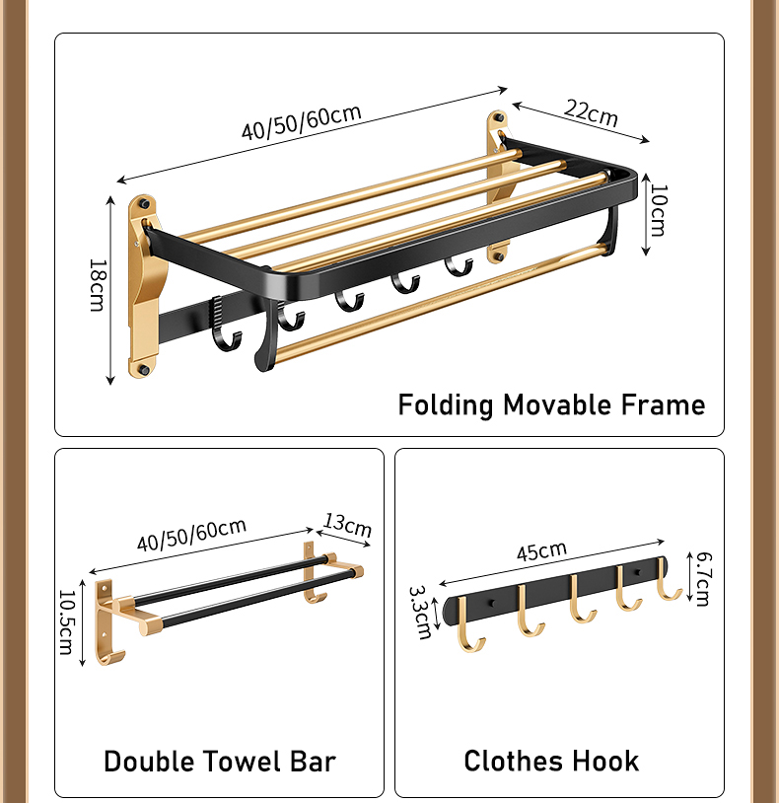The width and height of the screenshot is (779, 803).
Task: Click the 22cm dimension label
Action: (x=592, y=112)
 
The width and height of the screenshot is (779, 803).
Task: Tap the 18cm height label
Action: (x=98, y=285)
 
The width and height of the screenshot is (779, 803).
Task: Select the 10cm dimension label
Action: (x=658, y=210)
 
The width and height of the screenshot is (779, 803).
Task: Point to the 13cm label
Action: (x=347, y=525)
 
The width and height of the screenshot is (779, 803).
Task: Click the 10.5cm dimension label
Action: (x=67, y=622)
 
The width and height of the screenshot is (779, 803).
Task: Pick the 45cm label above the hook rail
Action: (x=541, y=551)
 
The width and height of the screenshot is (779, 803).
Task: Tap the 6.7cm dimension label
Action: (x=703, y=579)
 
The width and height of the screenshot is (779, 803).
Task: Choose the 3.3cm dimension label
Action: (x=421, y=613)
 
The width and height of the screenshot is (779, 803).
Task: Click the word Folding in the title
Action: (x=446, y=405)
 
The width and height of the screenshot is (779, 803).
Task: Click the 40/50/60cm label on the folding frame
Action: (x=302, y=122)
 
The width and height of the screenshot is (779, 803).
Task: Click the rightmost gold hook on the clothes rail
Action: (x=666, y=581)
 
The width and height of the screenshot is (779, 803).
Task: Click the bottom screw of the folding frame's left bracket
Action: (x=144, y=369)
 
